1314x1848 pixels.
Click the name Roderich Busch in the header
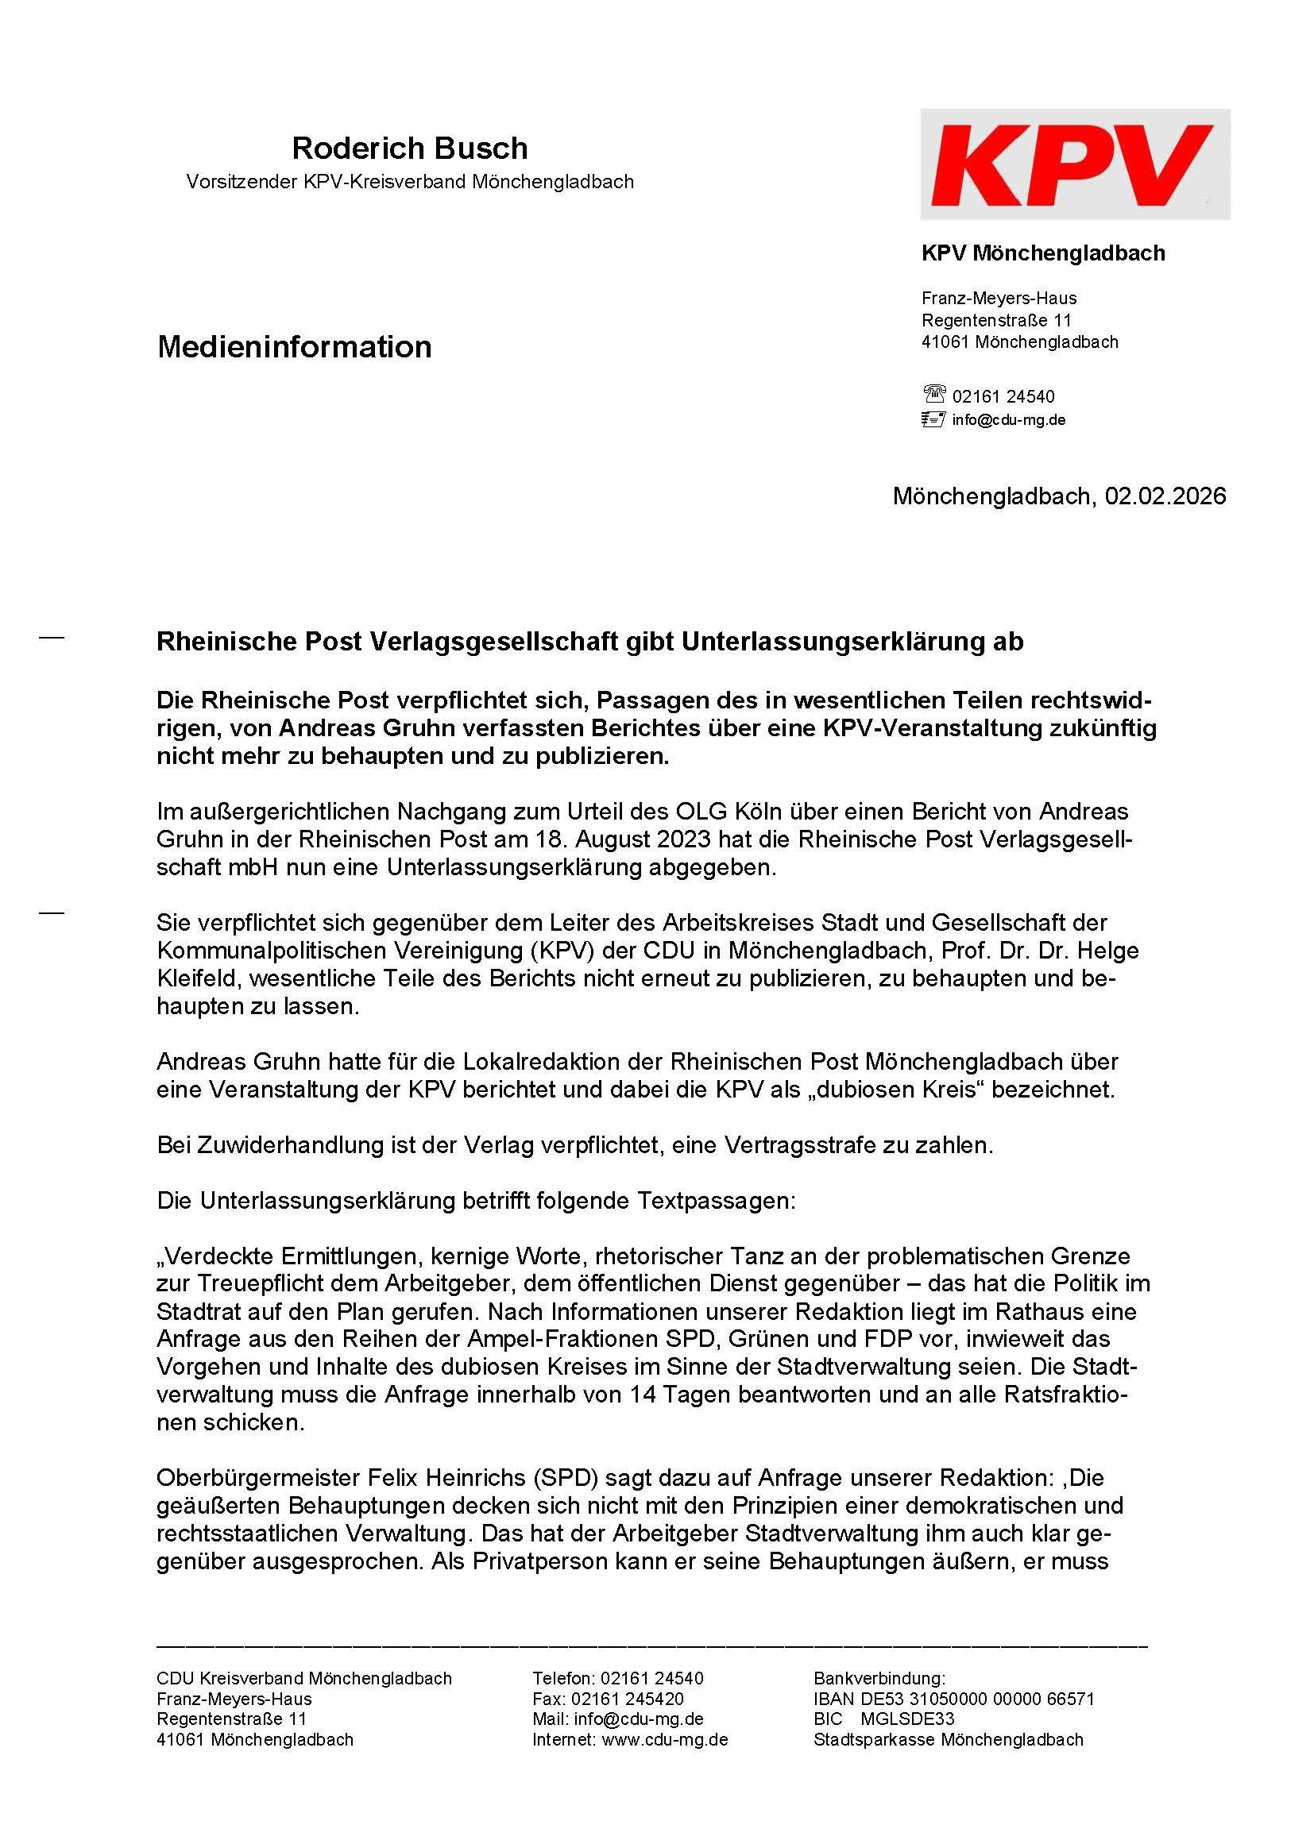pyautogui.click(x=409, y=148)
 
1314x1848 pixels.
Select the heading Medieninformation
pyautogui.click(x=294, y=347)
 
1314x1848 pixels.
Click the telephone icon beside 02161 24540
pyautogui.click(x=933, y=395)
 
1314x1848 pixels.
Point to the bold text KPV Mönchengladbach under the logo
pyautogui.click(x=1043, y=253)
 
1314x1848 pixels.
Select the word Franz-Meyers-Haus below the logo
pyautogui.click(x=999, y=299)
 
